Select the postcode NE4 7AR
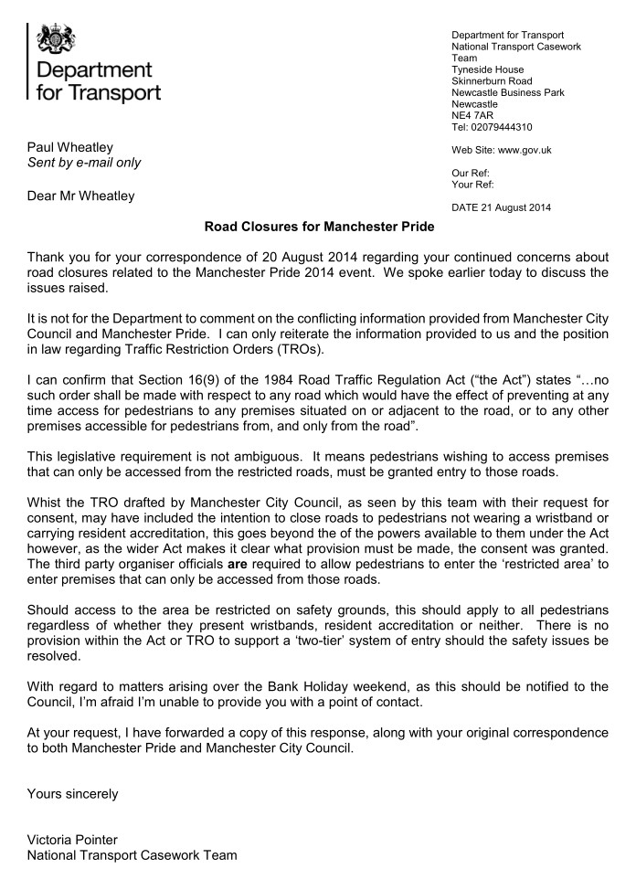point(472,116)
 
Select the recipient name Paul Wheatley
point(70,146)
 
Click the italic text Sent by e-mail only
point(84,163)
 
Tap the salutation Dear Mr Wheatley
point(80,195)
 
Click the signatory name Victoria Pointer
point(72,840)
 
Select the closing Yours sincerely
point(73,793)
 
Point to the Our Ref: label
point(471,173)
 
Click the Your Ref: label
point(472,184)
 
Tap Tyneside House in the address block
point(488,69)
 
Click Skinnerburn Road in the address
point(492,81)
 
